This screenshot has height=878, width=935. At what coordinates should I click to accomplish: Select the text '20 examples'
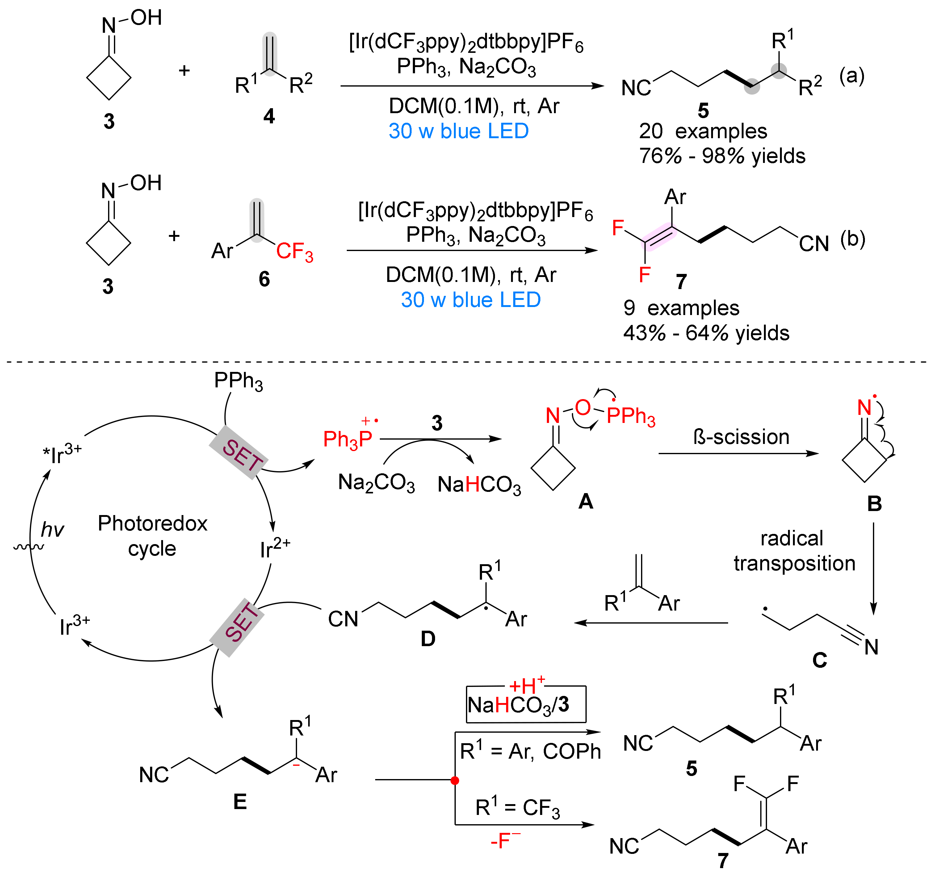703,131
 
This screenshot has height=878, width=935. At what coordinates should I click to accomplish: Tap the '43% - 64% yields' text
706,333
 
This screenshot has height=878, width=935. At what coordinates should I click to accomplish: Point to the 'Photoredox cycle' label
152,536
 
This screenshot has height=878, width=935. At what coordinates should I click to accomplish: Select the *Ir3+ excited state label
62,454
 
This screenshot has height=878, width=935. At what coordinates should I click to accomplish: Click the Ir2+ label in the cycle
275,548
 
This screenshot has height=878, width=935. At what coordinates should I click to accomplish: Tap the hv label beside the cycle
52,530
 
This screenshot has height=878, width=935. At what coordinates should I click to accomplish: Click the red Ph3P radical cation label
348,438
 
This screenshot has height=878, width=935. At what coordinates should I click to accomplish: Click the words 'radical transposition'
794,551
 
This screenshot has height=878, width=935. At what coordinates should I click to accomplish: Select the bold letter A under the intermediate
585,502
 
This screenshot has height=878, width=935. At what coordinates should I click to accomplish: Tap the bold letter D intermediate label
428,639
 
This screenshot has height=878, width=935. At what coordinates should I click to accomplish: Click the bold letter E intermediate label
240,802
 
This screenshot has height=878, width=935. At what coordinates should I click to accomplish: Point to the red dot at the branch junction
455,781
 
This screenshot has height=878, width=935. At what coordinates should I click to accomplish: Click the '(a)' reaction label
852,75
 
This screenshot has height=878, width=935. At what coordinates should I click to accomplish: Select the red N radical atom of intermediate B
865,407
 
